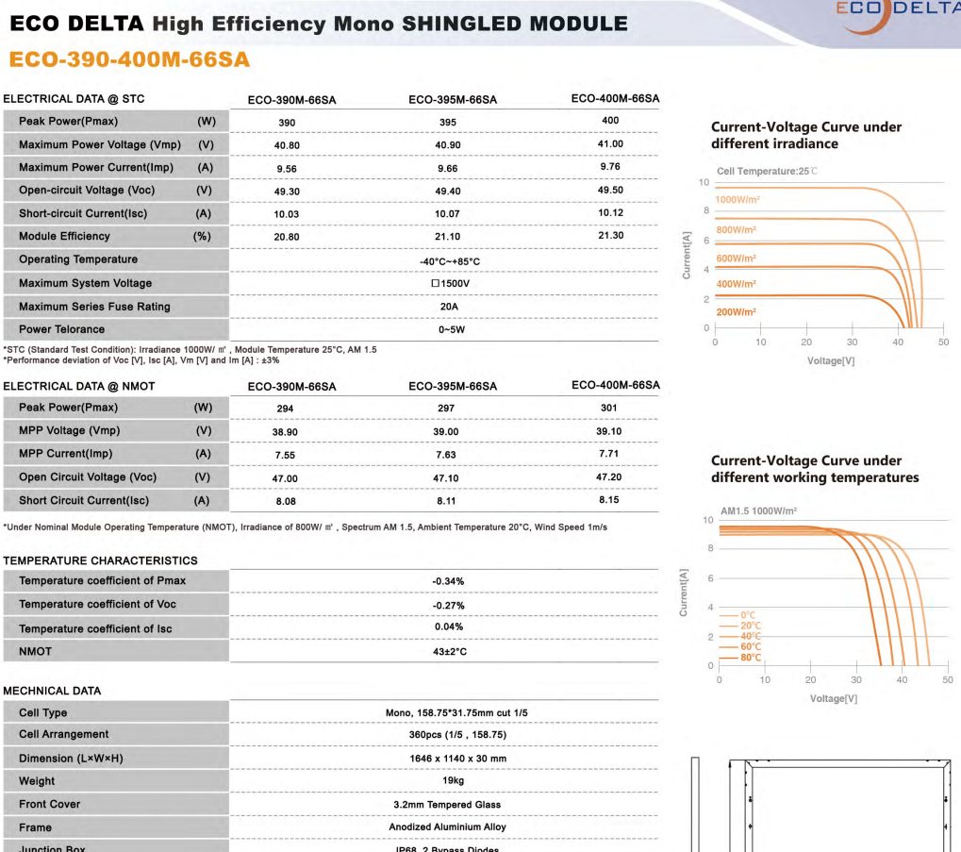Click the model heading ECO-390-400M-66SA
point(129,59)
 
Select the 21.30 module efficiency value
point(610,235)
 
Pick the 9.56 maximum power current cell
point(287,168)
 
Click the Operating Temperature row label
point(78,259)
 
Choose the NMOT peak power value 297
point(446,409)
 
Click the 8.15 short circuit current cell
point(610,499)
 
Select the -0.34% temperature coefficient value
point(448,581)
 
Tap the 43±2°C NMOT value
point(448,652)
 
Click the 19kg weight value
point(448,781)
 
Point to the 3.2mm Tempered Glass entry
point(447,805)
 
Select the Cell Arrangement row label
point(63,734)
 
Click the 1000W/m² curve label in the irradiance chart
point(738,200)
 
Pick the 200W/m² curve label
point(736,312)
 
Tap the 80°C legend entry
point(751,658)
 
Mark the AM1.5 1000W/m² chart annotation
point(758,510)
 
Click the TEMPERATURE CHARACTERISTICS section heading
point(100,560)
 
